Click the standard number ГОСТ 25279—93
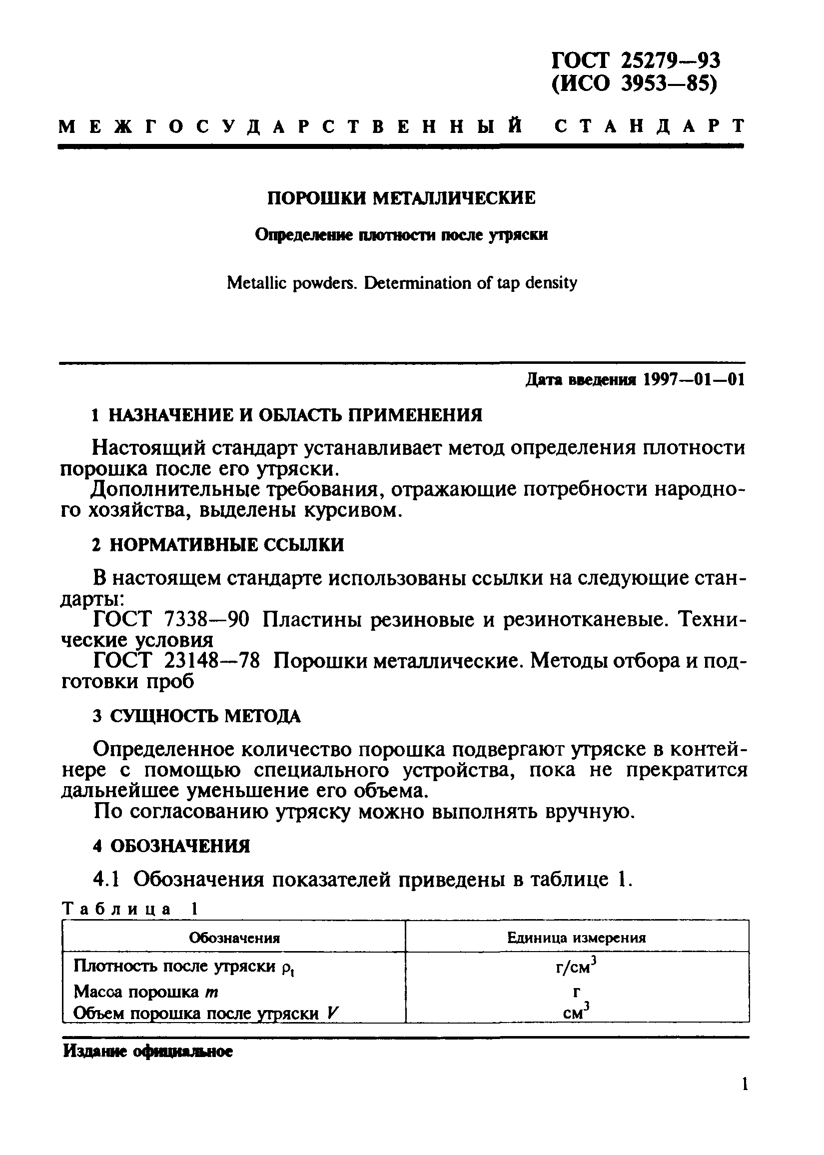point(635,61)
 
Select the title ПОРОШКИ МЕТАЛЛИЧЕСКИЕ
point(401,198)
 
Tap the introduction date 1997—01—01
point(694,380)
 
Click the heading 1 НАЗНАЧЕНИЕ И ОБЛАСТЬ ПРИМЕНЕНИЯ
point(287,415)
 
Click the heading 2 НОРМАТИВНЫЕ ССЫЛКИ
point(218,545)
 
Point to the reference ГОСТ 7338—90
point(171,619)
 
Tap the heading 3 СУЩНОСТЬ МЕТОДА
point(197,716)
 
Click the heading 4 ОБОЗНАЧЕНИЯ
point(171,847)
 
